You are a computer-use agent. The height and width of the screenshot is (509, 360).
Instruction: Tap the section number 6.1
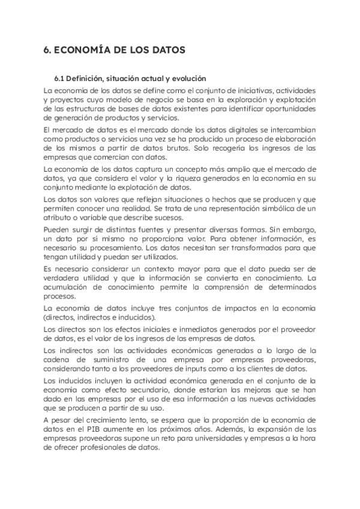pyautogui.click(x=59, y=79)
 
